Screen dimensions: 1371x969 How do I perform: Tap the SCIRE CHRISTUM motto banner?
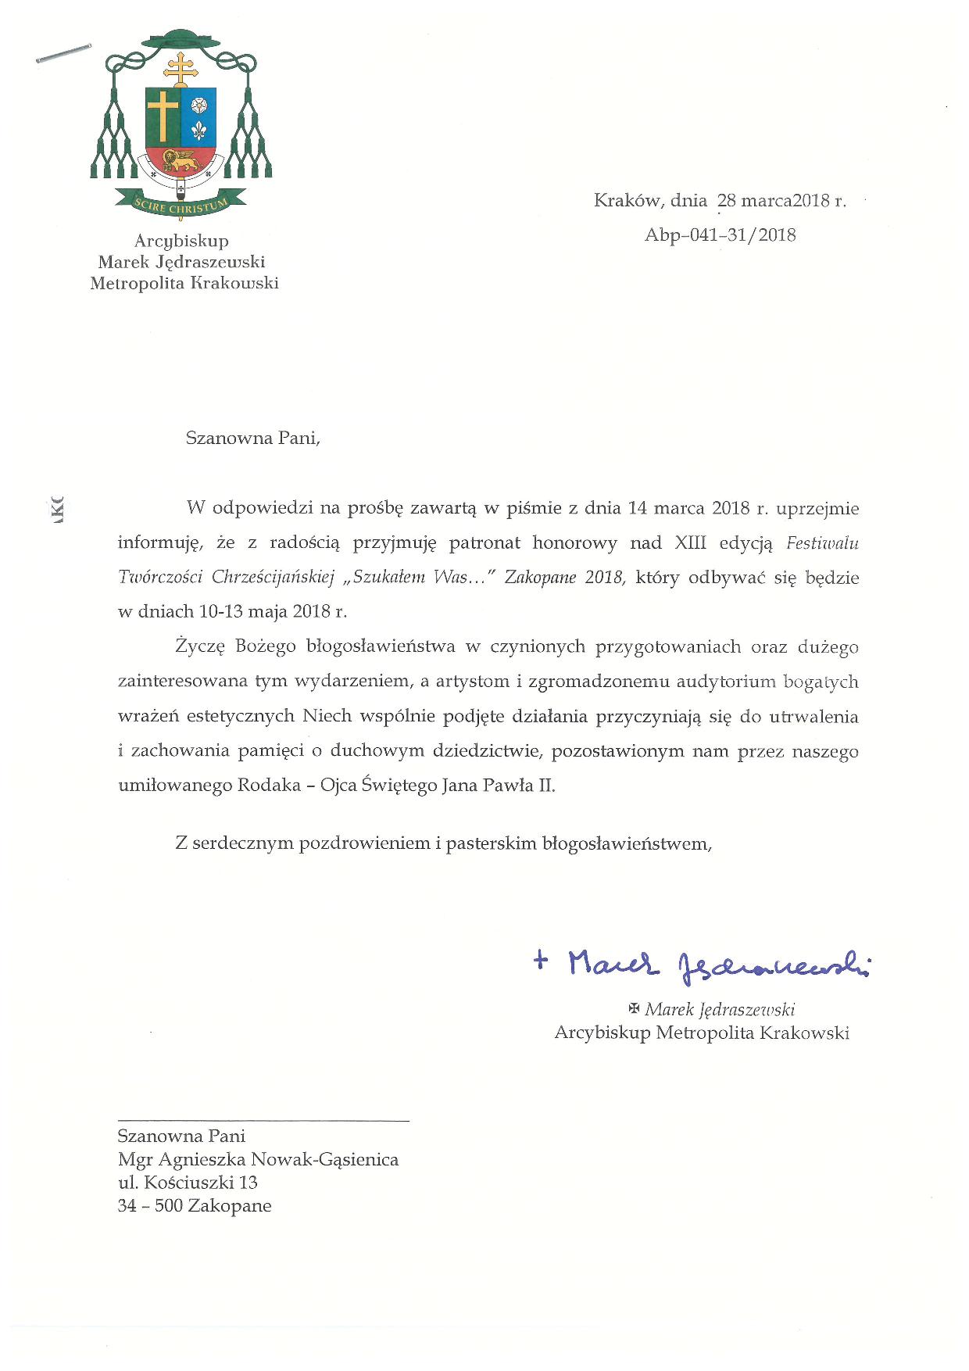pyautogui.click(x=181, y=207)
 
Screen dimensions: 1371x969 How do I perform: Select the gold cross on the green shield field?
pyautogui.click(x=163, y=116)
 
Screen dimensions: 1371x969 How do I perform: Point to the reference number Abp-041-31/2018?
pyautogui.click(x=720, y=234)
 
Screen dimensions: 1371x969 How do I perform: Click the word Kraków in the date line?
pyautogui.click(x=627, y=201)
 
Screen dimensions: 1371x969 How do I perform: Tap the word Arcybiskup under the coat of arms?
pyautogui.click(x=181, y=242)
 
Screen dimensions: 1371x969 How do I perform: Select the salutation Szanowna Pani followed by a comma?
pyautogui.click(x=253, y=438)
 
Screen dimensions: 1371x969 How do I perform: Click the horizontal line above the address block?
pyautogui.click(x=263, y=1122)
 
